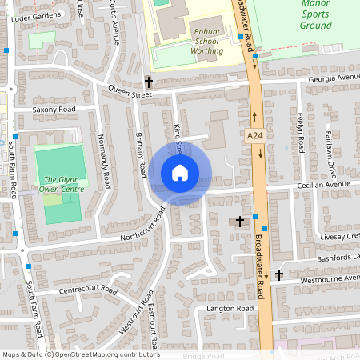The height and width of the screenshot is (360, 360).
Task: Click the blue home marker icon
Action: (x=180, y=173)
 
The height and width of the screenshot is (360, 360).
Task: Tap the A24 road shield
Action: (x=255, y=137)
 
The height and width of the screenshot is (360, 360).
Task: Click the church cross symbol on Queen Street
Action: (x=148, y=82)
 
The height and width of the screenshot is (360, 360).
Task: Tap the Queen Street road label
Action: (x=130, y=94)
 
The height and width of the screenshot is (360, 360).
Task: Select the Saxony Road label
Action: (x=54, y=109)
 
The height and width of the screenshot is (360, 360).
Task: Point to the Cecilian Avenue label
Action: (x=323, y=184)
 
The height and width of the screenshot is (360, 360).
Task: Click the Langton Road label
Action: (x=230, y=308)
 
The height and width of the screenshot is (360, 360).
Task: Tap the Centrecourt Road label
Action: (x=88, y=290)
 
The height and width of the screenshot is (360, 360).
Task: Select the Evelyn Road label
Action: (x=300, y=131)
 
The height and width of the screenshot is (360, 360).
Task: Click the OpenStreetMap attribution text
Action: (x=80, y=354)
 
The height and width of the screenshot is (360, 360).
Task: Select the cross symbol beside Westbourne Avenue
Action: (x=278, y=274)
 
